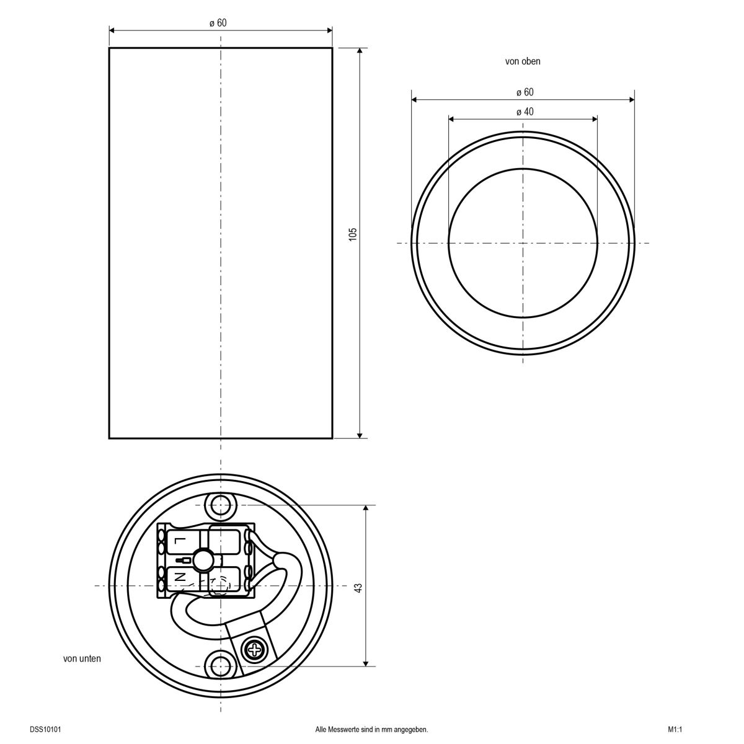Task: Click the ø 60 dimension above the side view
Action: [218, 23]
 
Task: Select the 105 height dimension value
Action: [353, 234]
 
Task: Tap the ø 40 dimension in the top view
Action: [524, 112]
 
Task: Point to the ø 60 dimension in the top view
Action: [525, 92]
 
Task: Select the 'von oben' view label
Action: [523, 61]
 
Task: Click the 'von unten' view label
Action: [82, 658]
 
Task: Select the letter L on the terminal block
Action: [179, 541]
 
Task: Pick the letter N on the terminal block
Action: [179, 577]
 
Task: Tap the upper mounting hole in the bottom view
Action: [219, 506]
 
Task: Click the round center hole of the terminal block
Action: [202, 559]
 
